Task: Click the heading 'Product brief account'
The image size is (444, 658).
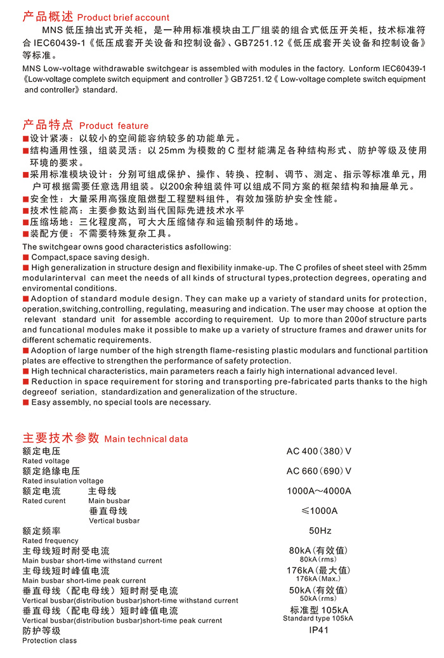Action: (123, 17)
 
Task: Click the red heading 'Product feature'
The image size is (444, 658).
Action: (114, 126)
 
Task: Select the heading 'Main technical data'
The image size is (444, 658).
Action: (146, 438)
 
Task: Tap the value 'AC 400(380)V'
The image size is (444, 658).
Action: (318, 451)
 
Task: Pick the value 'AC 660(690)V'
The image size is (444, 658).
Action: (318, 471)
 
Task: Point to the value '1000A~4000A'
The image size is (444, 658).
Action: (318, 491)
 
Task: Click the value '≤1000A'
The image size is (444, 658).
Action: (318, 511)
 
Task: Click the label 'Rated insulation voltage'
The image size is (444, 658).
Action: (63, 481)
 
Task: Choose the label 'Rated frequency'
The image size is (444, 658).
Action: (50, 541)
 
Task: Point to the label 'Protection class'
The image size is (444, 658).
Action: (49, 640)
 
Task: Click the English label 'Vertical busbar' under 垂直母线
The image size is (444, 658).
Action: (114, 521)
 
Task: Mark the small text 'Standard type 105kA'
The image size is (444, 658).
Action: (318, 618)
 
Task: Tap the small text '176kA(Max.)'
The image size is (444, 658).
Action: (318, 579)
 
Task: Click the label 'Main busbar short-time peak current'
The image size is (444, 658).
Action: (84, 581)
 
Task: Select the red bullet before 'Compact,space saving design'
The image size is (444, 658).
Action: (26, 258)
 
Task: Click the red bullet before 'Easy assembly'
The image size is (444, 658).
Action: (26, 402)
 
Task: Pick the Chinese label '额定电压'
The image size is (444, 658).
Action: (41, 451)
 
